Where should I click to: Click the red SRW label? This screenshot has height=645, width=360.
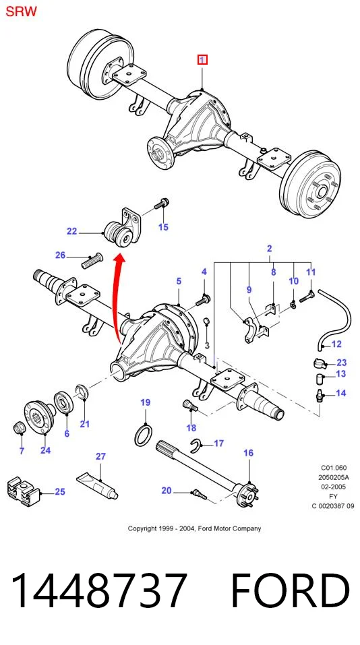(x=21, y=11)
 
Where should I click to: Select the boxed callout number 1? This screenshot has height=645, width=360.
(x=202, y=60)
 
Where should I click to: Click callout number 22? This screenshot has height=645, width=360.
(x=71, y=232)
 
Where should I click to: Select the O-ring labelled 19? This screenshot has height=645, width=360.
(x=142, y=435)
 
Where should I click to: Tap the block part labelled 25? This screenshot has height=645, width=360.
(x=22, y=491)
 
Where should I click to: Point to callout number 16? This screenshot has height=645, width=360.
(x=248, y=454)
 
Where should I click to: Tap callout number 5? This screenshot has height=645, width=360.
(x=179, y=281)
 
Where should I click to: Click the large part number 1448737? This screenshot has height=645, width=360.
(x=98, y=590)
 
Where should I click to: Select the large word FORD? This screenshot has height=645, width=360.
(x=291, y=590)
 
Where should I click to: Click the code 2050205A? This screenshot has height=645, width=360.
(x=333, y=477)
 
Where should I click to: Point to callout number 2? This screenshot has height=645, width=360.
(x=270, y=249)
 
